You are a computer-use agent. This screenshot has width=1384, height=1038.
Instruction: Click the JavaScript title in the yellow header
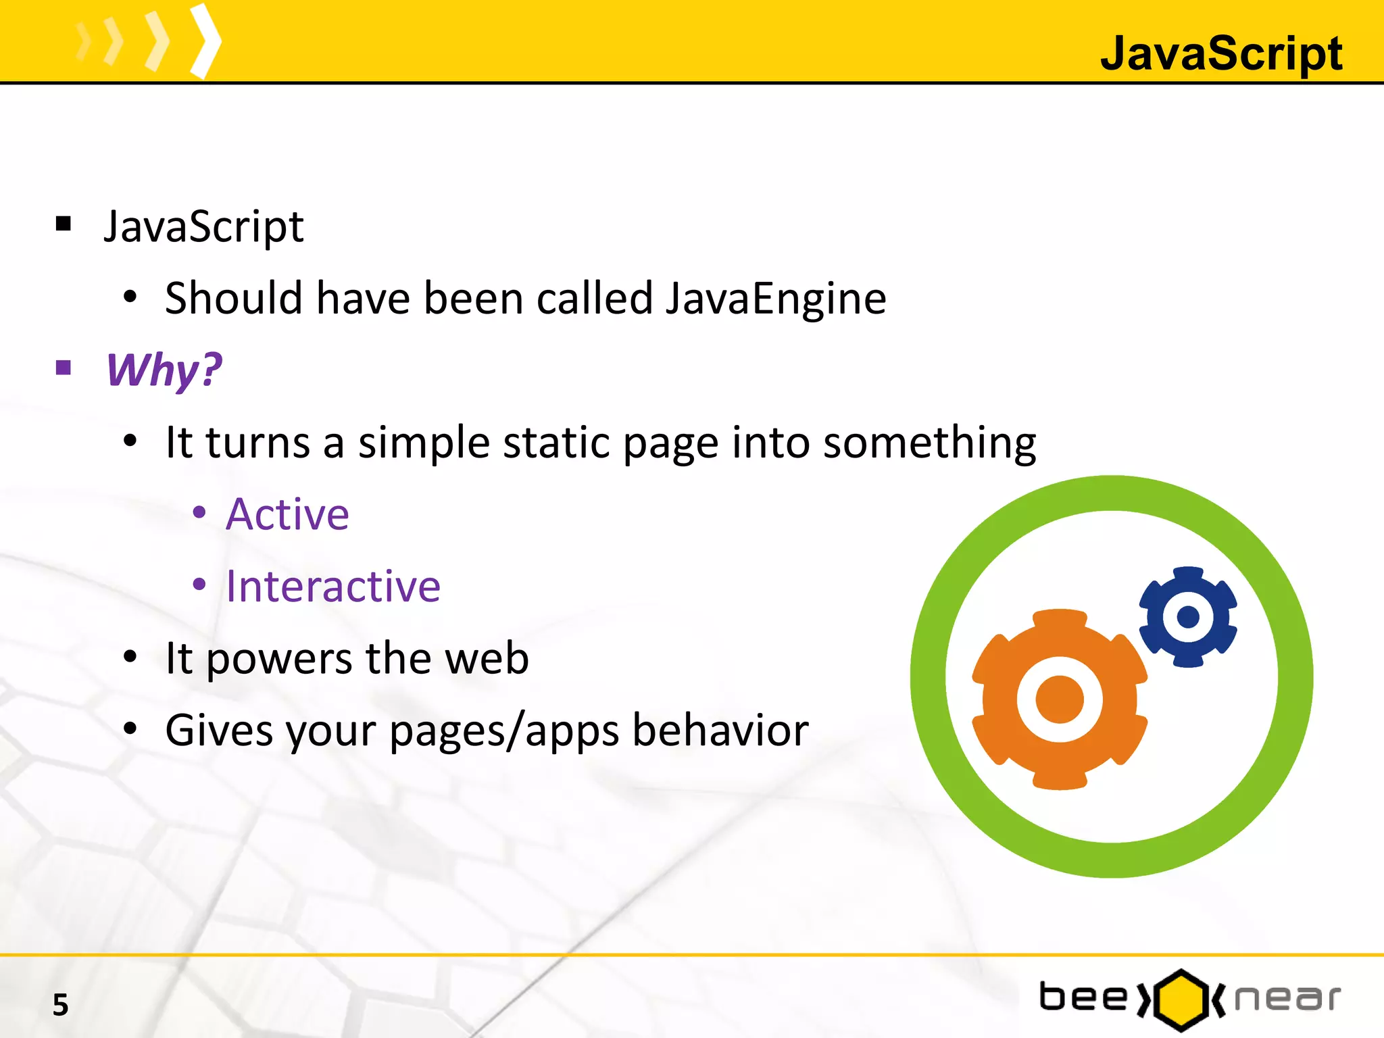pos(1220,53)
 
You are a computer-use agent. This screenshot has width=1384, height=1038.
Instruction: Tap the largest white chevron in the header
pos(205,41)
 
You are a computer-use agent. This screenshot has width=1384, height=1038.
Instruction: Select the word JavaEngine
pos(775,298)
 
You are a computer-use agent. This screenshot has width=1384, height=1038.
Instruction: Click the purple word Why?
pos(164,370)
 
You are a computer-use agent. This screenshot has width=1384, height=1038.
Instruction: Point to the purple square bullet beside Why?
pos(64,368)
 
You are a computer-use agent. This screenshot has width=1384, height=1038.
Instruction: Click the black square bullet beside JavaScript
pos(64,224)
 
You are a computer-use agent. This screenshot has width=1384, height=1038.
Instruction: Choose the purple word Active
pos(287,514)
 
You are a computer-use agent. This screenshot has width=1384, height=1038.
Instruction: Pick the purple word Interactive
pos(332,586)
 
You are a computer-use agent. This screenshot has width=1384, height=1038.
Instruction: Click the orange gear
pos(1059,699)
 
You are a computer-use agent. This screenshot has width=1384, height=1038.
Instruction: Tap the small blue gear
pos(1188,616)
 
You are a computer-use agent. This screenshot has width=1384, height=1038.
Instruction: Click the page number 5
pos(61,1005)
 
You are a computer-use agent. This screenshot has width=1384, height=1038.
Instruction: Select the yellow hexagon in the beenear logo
pos(1181,999)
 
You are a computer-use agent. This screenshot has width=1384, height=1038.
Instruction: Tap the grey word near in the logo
pos(1287,998)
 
